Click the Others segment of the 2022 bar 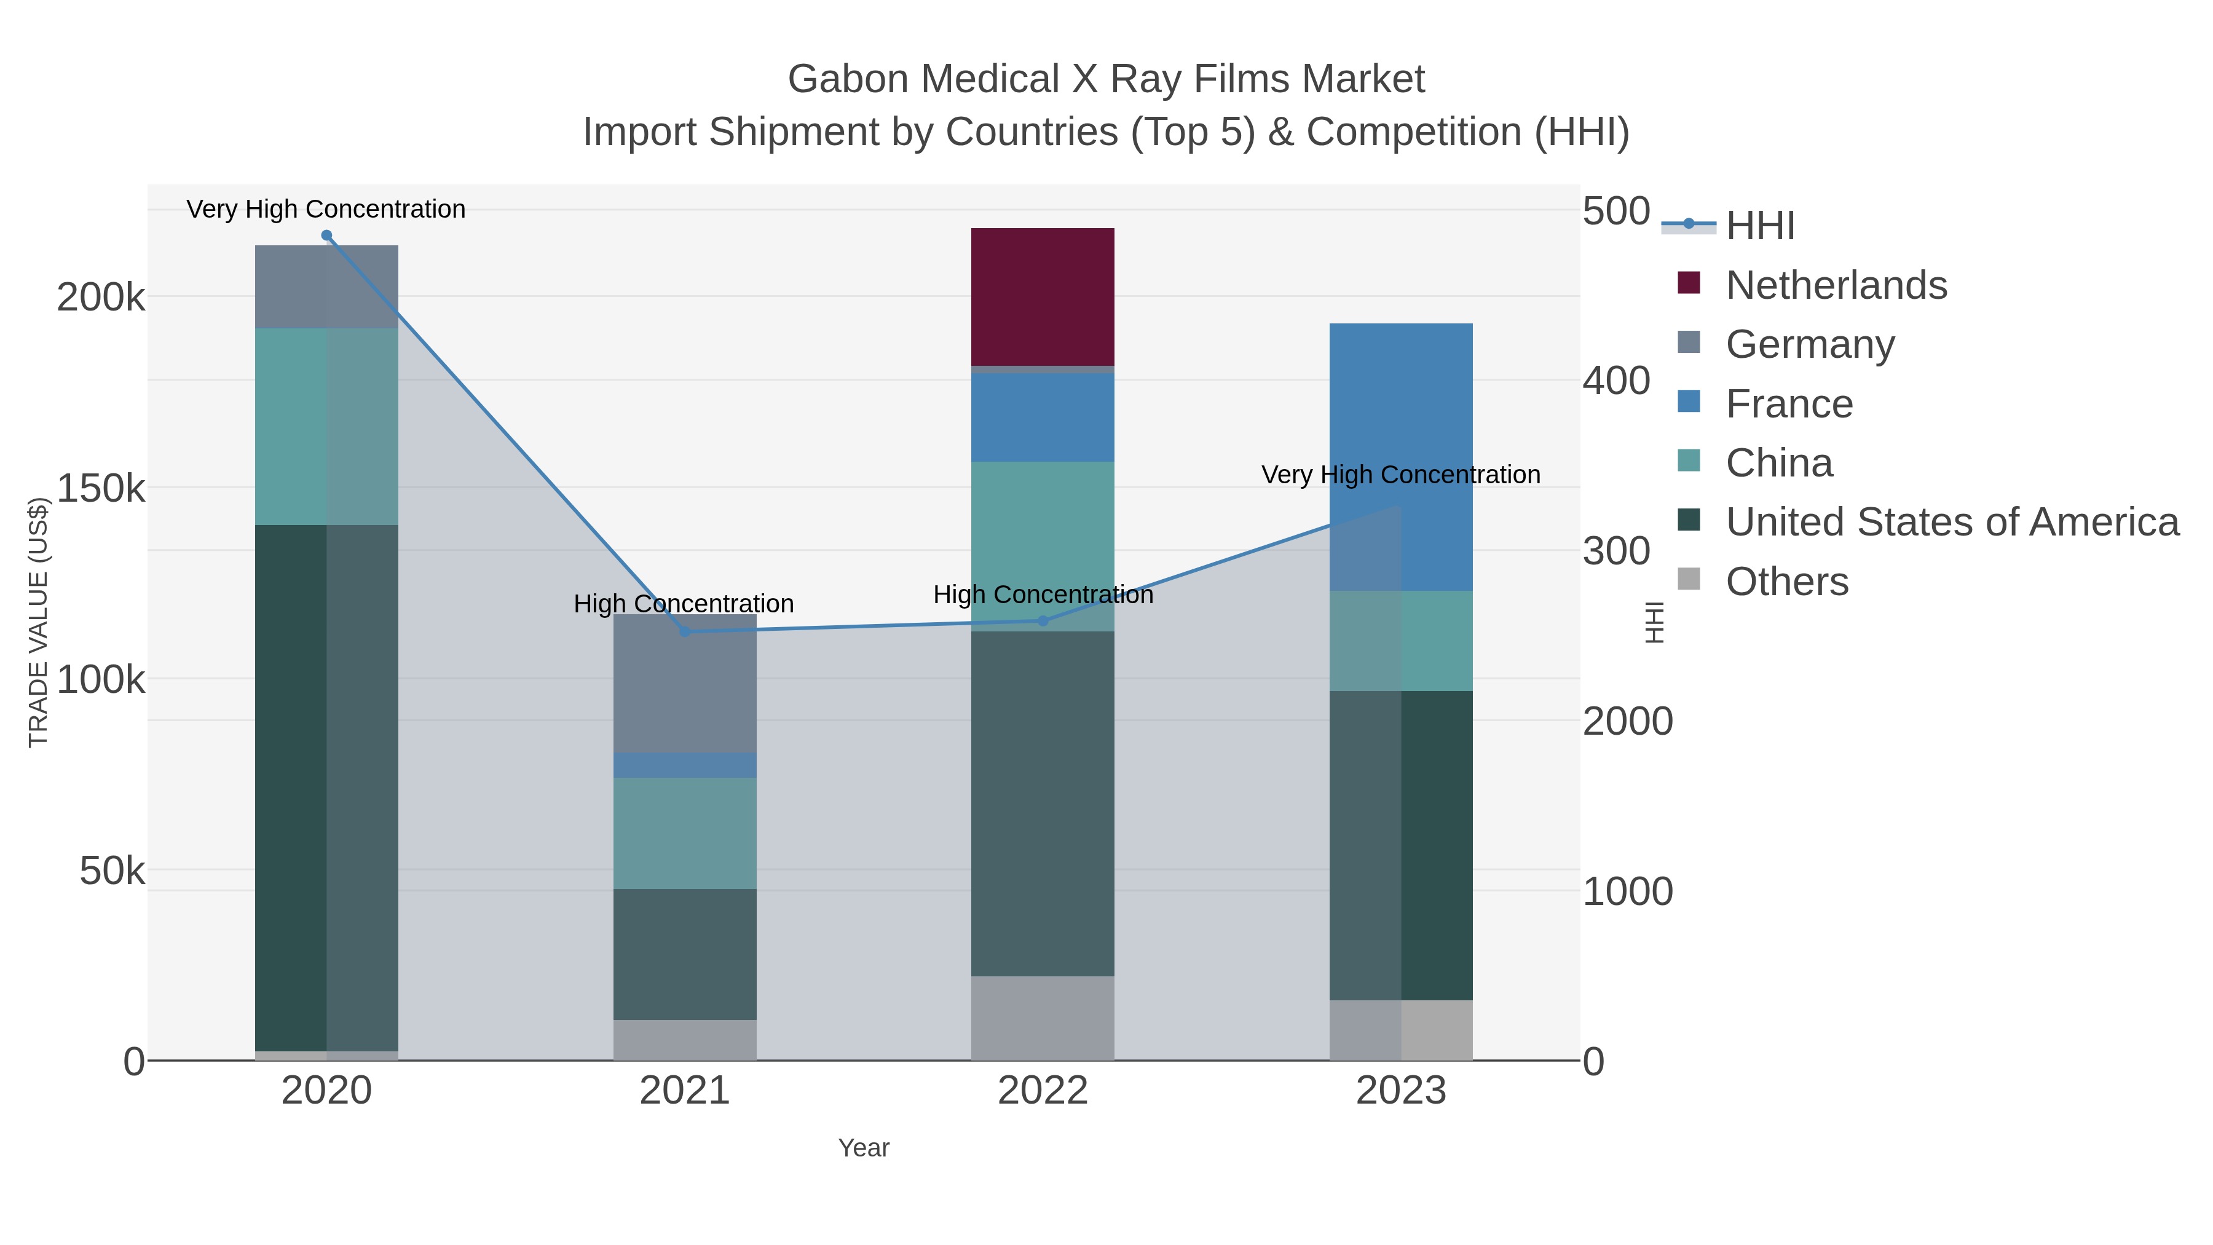[x=1042, y=1018]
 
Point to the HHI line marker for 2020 [x=326, y=235]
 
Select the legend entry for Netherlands [x=1835, y=285]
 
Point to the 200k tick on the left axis [x=101, y=298]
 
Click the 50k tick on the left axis [x=112, y=871]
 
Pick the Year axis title [x=864, y=1148]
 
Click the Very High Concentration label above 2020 [x=326, y=209]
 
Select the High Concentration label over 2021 [x=683, y=603]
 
